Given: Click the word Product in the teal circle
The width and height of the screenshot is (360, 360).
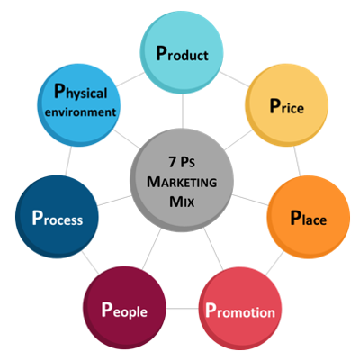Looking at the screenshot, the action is click(182, 54).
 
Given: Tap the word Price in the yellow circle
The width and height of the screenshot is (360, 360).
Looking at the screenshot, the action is click(287, 106).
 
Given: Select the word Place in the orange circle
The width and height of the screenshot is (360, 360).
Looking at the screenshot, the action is click(309, 218).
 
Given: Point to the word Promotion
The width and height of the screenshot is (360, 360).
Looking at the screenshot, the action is click(240, 310).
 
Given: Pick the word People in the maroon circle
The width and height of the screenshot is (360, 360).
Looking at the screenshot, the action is click(124, 310).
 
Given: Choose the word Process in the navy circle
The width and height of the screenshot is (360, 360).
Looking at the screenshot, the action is click(58, 218).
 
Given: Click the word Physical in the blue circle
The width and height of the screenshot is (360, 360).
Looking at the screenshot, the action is click(80, 92).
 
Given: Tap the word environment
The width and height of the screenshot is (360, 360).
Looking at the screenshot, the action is click(80, 112).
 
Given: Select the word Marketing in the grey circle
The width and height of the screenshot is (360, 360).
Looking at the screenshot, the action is click(182, 182).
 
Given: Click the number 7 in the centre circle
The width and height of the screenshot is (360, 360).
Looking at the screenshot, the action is click(172, 162).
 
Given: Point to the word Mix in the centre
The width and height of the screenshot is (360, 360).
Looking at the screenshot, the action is click(182, 202).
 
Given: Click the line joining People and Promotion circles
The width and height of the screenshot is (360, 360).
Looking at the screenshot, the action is click(182, 308).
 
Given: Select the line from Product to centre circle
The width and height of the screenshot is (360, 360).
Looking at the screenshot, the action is click(183, 111).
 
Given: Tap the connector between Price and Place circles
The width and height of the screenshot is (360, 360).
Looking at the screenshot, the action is click(297, 161).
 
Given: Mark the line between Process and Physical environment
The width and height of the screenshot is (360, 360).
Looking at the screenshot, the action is click(68, 161).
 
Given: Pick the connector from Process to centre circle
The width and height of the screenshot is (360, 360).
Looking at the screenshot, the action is click(114, 201).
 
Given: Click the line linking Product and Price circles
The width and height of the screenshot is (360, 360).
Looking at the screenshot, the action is click(235, 79).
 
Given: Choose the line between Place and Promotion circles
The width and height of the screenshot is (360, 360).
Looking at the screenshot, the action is click(274, 264).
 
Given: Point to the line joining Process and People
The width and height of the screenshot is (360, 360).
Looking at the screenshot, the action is click(91, 263).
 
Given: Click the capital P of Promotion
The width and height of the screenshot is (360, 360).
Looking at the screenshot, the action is click(211, 310).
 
